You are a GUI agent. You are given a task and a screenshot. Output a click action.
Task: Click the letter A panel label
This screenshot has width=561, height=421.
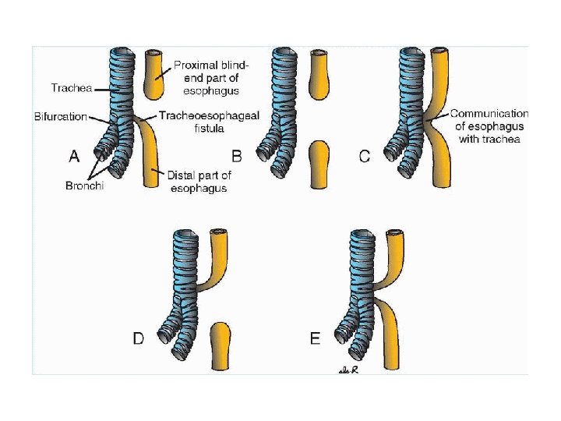click(x=74, y=156)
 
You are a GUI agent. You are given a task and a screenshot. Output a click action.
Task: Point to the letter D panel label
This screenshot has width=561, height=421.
click(x=138, y=338)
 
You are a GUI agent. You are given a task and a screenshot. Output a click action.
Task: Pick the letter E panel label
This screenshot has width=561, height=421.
click(x=315, y=338)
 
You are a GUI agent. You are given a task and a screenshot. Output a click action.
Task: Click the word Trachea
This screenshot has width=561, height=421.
click(x=69, y=88)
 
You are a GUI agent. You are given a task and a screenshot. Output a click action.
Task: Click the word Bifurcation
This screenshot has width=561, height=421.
click(x=60, y=116)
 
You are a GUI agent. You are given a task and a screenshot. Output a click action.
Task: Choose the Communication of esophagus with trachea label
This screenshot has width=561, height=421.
click(x=489, y=126)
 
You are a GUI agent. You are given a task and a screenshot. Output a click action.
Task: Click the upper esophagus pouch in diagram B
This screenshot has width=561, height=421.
click(x=320, y=74)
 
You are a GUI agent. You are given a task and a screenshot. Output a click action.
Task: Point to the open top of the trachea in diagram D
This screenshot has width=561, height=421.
click(x=185, y=235)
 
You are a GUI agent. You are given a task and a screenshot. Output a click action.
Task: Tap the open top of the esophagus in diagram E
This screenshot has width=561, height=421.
click(x=396, y=233)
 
